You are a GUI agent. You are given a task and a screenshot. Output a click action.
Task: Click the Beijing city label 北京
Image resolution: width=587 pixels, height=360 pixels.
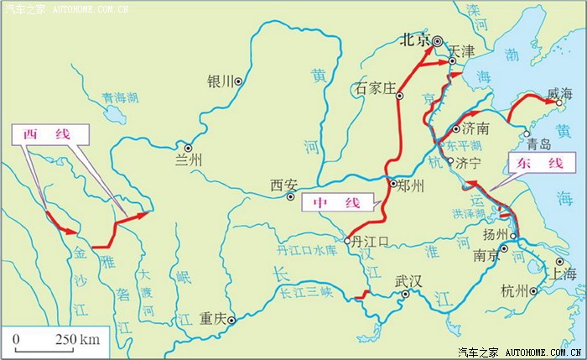click(x=415, y=39)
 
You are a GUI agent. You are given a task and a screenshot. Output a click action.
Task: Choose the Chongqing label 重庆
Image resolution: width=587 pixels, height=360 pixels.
click(x=214, y=319)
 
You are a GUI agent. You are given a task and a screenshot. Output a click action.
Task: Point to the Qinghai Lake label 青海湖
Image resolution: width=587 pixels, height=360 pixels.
click(x=120, y=97)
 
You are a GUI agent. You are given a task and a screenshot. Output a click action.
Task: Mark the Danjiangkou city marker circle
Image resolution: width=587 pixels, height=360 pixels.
click(x=347, y=240)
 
